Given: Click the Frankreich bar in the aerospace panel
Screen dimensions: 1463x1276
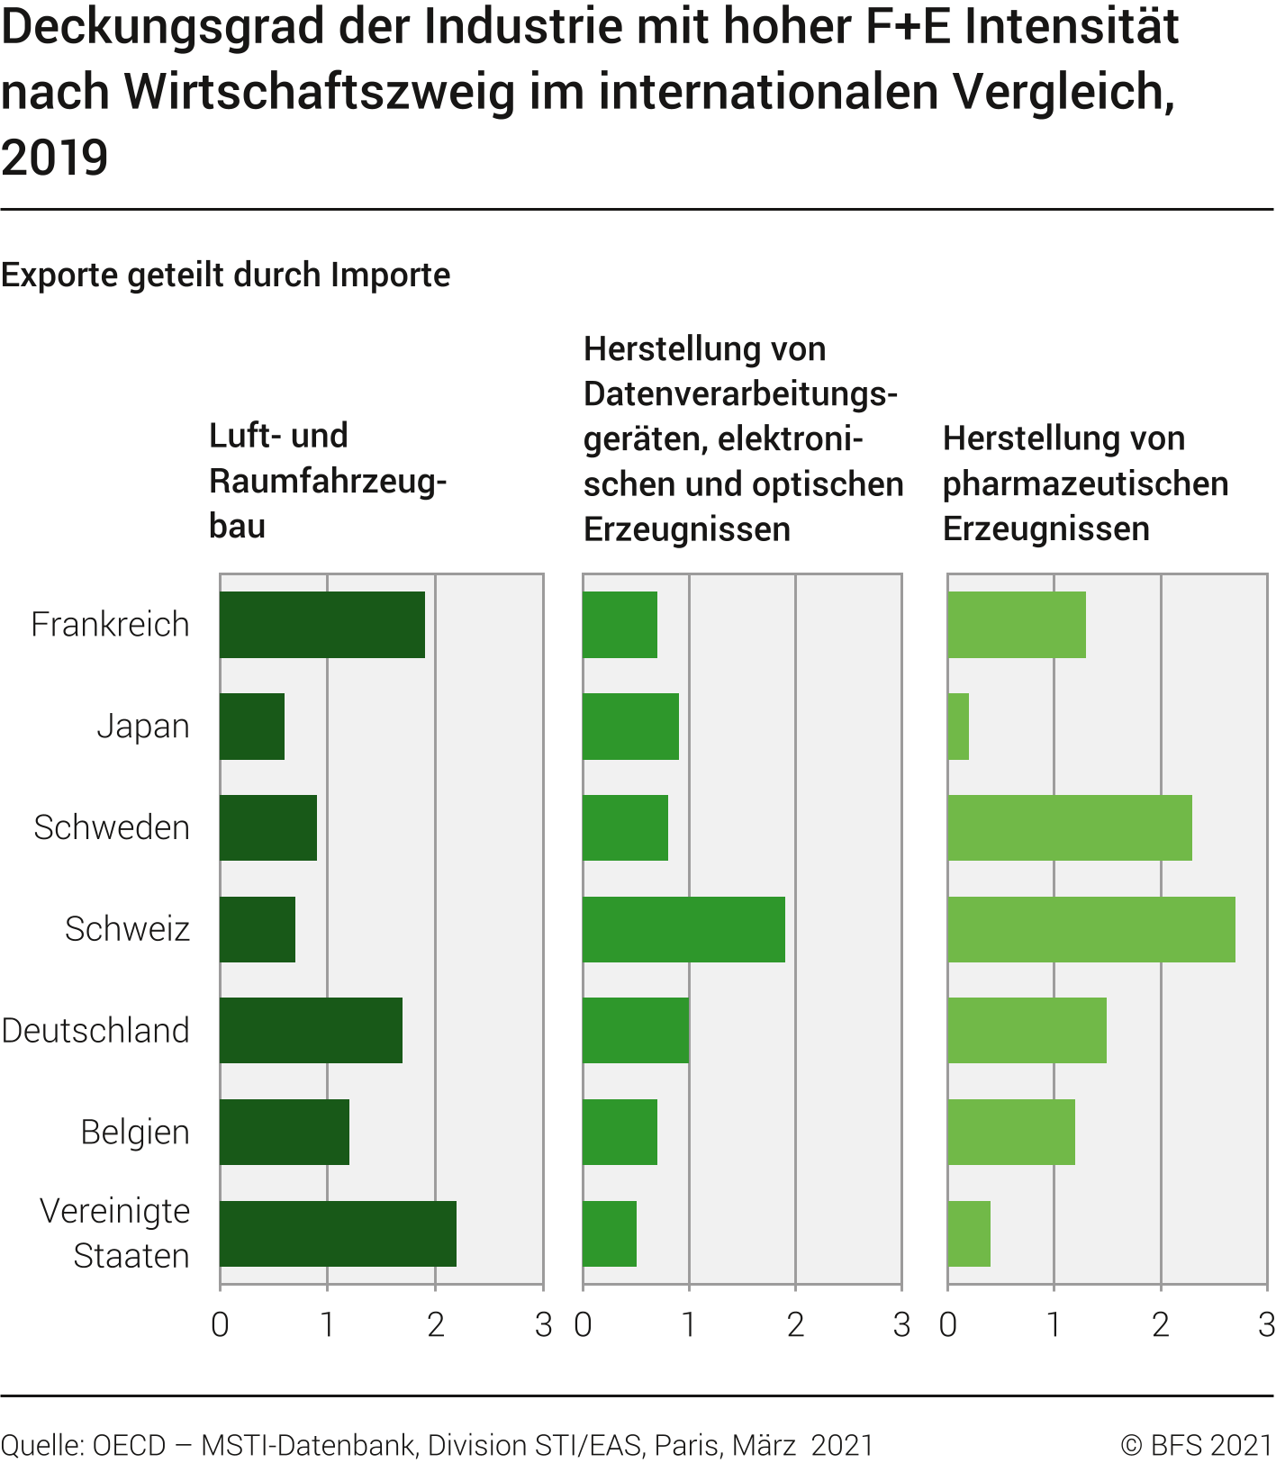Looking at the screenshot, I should pyautogui.click(x=322, y=625).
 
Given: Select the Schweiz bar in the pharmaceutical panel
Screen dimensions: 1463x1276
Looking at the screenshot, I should pyautogui.click(x=1090, y=929).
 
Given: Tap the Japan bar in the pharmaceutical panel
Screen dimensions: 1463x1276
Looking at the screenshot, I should pyautogui.click(x=958, y=727).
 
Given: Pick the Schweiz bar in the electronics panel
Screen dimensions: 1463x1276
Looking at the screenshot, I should pyautogui.click(x=683, y=929).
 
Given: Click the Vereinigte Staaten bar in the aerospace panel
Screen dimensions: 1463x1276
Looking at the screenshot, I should pyautogui.click(x=338, y=1233).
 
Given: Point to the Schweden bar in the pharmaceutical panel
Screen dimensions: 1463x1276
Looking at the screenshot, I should pyautogui.click(x=1069, y=827).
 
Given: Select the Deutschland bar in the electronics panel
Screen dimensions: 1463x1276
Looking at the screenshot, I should pyautogui.click(x=636, y=1030).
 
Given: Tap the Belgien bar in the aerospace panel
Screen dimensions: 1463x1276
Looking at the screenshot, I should pyautogui.click(x=285, y=1132).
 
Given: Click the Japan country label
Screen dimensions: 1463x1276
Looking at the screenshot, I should pyautogui.click(x=143, y=727).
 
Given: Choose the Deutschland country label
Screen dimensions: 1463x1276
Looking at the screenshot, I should pyautogui.click(x=95, y=1031).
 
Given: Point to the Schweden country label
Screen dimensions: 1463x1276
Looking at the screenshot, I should pyautogui.click(x=112, y=827).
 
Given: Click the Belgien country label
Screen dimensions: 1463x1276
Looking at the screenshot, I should pyautogui.click(x=135, y=1133).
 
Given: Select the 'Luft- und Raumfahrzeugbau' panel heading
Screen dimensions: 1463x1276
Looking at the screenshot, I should pyautogui.click(x=328, y=481).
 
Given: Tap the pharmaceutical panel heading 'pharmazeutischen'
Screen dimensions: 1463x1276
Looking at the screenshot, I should pyautogui.click(x=1085, y=483).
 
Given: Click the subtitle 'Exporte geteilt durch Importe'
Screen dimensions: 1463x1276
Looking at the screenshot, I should pyautogui.click(x=225, y=275).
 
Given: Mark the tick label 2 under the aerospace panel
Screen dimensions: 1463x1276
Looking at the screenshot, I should pyautogui.click(x=436, y=1324).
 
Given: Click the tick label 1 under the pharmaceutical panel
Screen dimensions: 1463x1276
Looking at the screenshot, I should pyautogui.click(x=1054, y=1324).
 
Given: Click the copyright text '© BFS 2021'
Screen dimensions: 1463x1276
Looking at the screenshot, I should pyautogui.click(x=1196, y=1445).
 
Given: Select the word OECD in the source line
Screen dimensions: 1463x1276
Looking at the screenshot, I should pyautogui.click(x=130, y=1445).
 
